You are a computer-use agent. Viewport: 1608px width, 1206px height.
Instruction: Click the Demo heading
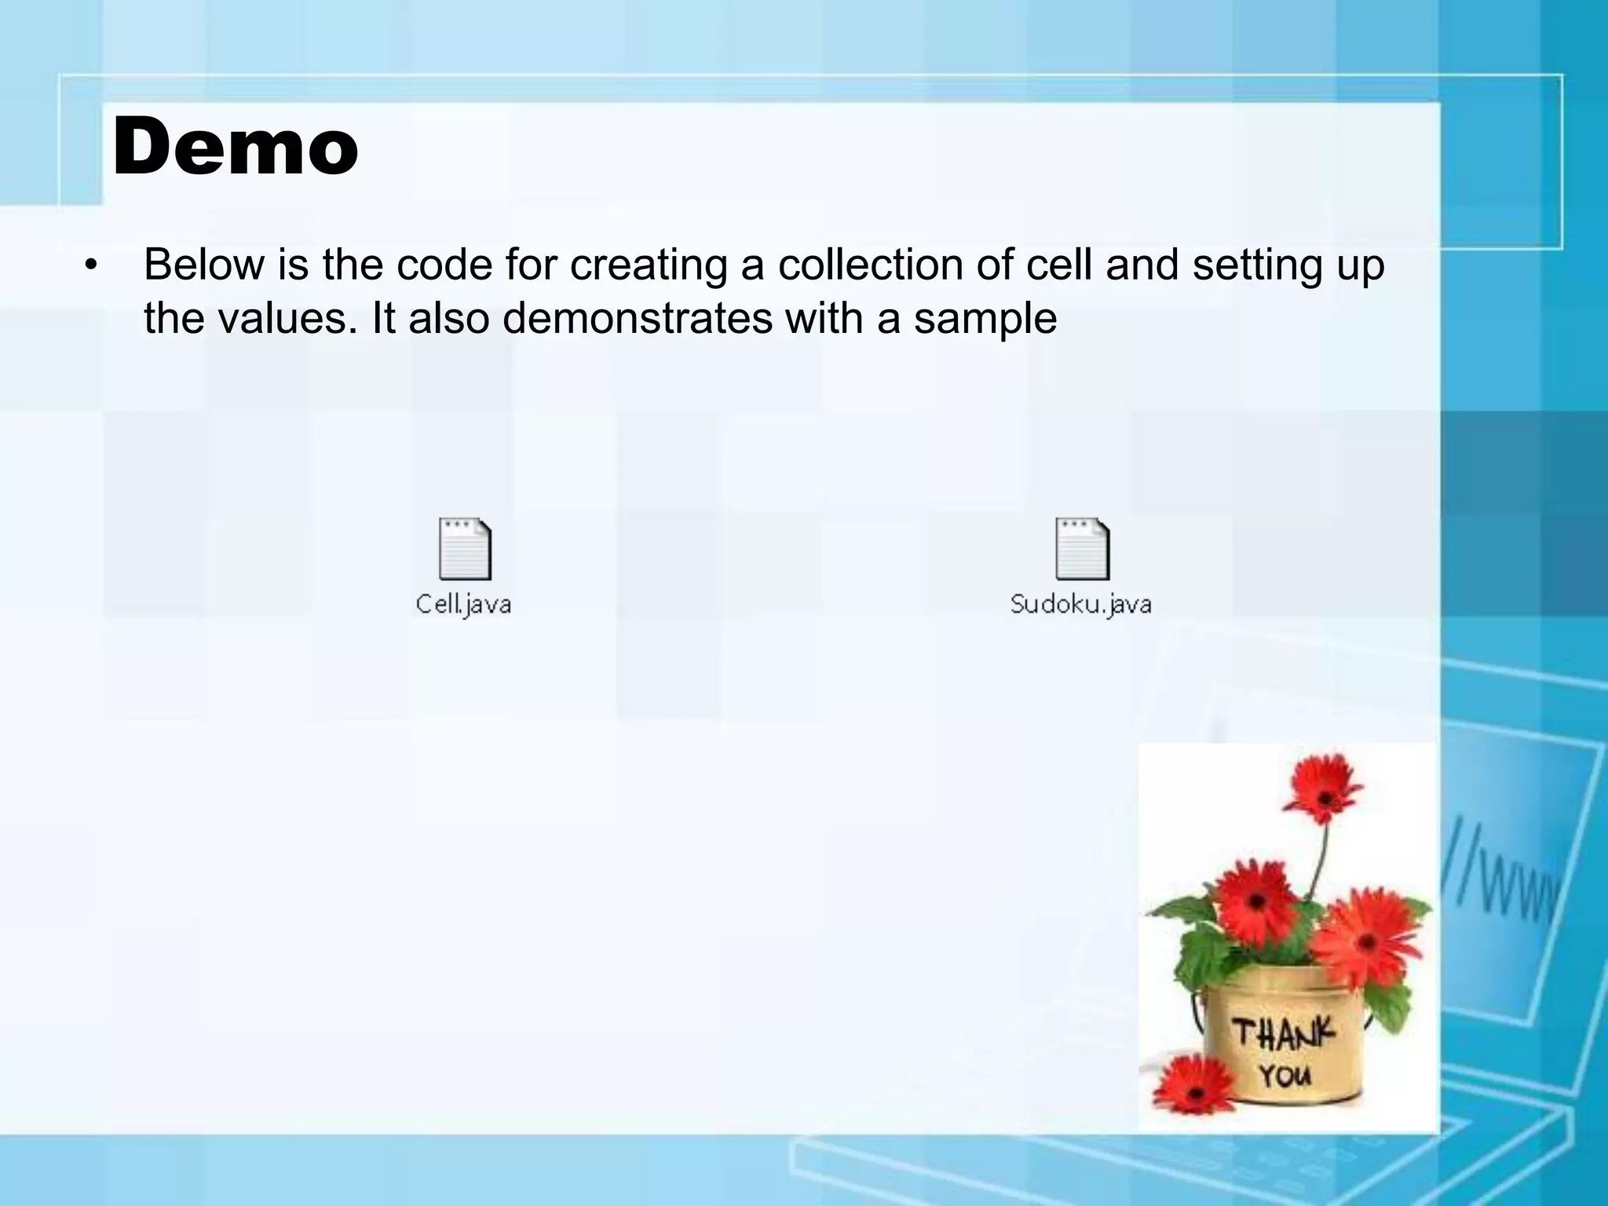point(236,148)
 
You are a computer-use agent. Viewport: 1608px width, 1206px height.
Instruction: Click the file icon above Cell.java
point(465,549)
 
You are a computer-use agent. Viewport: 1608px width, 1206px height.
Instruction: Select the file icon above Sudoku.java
point(1082,549)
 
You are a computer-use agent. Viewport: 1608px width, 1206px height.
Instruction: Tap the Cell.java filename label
point(463,604)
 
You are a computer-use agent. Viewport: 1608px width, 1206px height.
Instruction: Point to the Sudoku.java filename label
point(1081,604)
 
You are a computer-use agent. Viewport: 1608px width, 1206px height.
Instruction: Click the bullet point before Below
point(92,265)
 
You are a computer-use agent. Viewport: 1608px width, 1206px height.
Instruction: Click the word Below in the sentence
point(204,265)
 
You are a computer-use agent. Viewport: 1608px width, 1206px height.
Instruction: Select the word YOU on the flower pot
point(1285,1075)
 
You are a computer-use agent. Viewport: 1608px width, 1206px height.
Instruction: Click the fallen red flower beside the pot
point(1194,1086)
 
